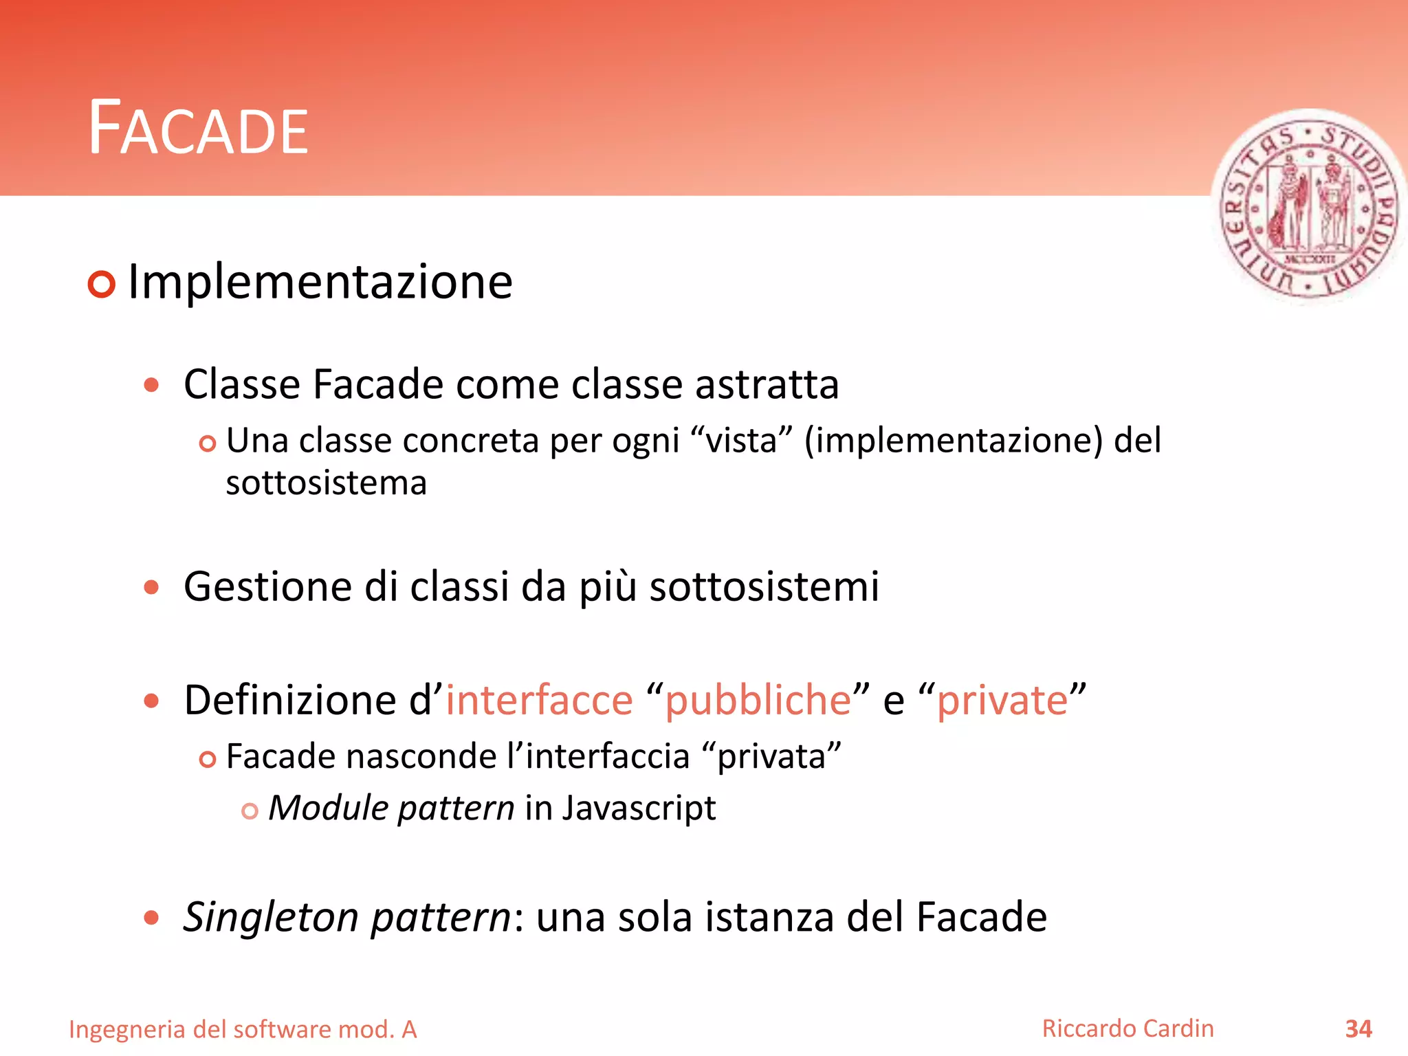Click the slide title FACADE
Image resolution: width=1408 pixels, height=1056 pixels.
tap(199, 129)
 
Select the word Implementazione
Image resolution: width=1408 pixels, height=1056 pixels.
tap(320, 282)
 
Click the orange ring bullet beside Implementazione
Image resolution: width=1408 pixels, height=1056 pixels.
tap(102, 284)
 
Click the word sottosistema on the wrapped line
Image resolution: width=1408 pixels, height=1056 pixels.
tap(326, 483)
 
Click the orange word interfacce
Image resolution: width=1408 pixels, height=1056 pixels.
tap(539, 701)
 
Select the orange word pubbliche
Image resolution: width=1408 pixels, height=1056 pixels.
tap(758, 701)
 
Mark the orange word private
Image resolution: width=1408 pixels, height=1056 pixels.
tap(1002, 701)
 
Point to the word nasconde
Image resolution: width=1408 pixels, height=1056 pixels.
tap(421, 757)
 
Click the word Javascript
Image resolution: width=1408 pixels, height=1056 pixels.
tap(639, 808)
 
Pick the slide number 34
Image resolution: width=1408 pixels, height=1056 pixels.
tap(1358, 1029)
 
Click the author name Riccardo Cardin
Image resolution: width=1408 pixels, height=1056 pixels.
tap(1127, 1028)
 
